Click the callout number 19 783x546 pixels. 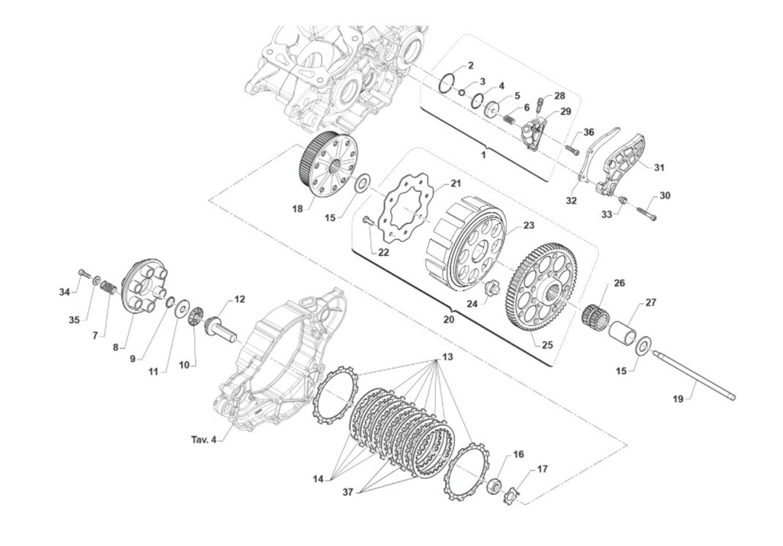click(x=678, y=399)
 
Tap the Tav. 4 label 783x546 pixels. click(x=204, y=440)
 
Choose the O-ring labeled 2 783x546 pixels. click(x=447, y=83)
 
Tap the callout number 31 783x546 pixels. click(x=659, y=168)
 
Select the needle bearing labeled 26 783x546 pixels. click(x=595, y=314)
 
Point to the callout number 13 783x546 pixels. click(x=448, y=357)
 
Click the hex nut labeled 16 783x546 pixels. click(x=493, y=487)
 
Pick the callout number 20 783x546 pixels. click(x=449, y=319)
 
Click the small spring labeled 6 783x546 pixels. click(x=510, y=119)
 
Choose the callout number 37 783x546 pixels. click(x=348, y=492)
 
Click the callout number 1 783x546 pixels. click(x=484, y=155)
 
